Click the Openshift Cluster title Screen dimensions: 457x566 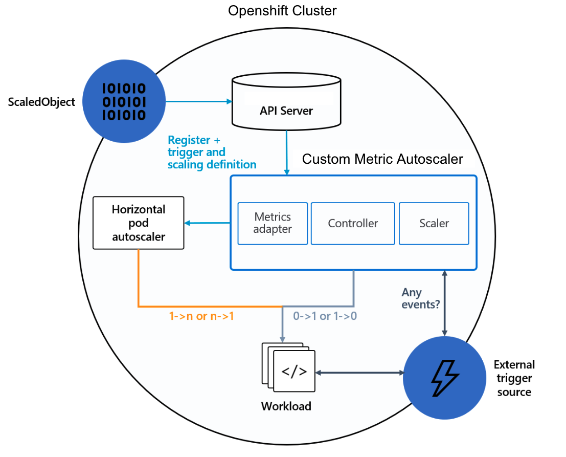(282, 11)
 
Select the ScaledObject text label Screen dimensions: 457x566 (41, 102)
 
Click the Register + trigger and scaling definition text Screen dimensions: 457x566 (212, 152)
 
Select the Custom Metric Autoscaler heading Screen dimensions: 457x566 (382, 159)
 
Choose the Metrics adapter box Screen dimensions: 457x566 (273, 224)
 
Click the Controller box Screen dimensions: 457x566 (353, 224)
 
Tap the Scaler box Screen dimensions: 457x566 (434, 224)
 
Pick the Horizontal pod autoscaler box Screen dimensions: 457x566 (138, 223)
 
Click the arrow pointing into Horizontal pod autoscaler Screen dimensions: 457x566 (207, 223)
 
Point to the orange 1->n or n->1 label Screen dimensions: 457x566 (201, 316)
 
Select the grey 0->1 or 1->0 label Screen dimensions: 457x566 (325, 316)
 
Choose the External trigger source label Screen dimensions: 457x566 (514, 378)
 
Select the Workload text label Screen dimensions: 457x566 (286, 406)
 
